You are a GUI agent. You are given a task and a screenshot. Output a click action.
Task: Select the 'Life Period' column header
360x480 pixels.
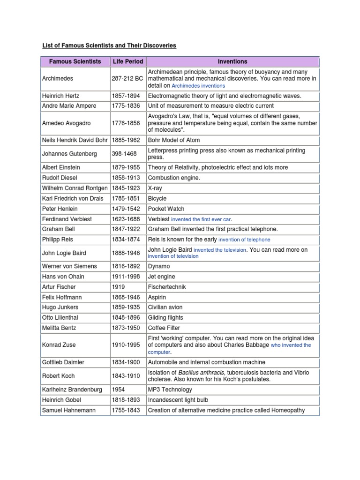pyautogui.click(x=127, y=61)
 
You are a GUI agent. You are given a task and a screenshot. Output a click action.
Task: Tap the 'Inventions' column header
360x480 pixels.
pyautogui.click(x=232, y=61)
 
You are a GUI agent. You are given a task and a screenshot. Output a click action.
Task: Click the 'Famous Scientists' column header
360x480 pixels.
pyautogui.click(x=75, y=61)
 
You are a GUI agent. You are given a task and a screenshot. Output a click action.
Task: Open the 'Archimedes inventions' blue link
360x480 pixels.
pyautogui.click(x=198, y=86)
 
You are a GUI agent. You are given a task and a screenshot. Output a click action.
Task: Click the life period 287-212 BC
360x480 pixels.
pyautogui.click(x=127, y=79)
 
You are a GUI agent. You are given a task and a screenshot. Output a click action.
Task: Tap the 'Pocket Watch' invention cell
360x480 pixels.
pyautogui.click(x=166, y=209)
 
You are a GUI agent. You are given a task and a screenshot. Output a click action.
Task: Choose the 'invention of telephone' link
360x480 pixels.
pyautogui.click(x=244, y=240)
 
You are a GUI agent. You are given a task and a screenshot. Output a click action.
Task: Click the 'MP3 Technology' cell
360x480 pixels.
pyautogui.click(x=170, y=390)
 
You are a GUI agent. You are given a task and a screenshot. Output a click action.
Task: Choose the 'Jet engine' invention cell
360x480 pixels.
pyautogui.click(x=161, y=277)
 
